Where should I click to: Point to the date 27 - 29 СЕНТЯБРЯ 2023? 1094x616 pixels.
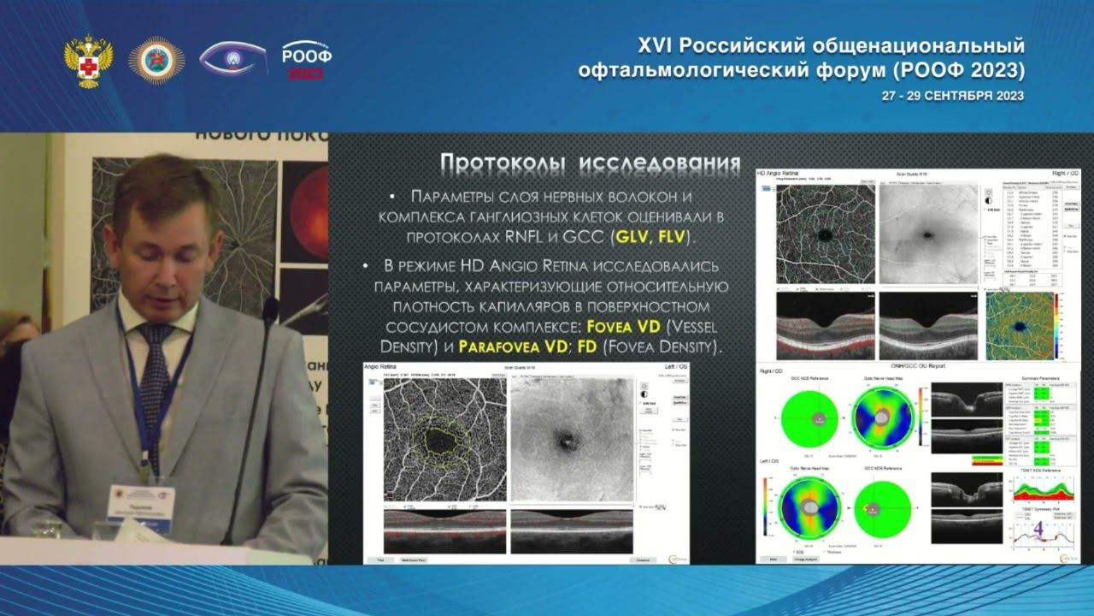tap(952, 96)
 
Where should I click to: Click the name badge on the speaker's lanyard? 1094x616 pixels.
tap(141, 501)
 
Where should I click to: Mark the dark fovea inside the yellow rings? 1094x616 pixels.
tap(442, 441)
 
